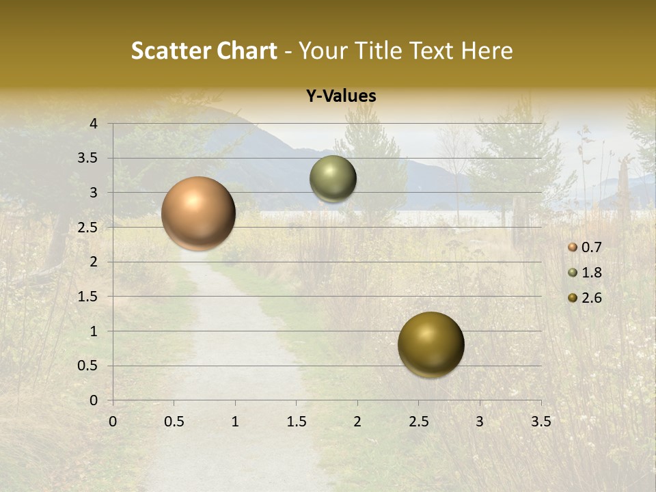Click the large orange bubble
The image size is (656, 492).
198,213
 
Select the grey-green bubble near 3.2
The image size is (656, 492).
333,179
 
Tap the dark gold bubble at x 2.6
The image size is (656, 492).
430,344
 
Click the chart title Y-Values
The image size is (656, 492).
341,96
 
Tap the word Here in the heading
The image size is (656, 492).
487,51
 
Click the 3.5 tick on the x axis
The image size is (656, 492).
541,422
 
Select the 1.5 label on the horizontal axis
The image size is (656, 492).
296,422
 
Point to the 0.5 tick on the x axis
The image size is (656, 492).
174,422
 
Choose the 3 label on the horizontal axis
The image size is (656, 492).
480,422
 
